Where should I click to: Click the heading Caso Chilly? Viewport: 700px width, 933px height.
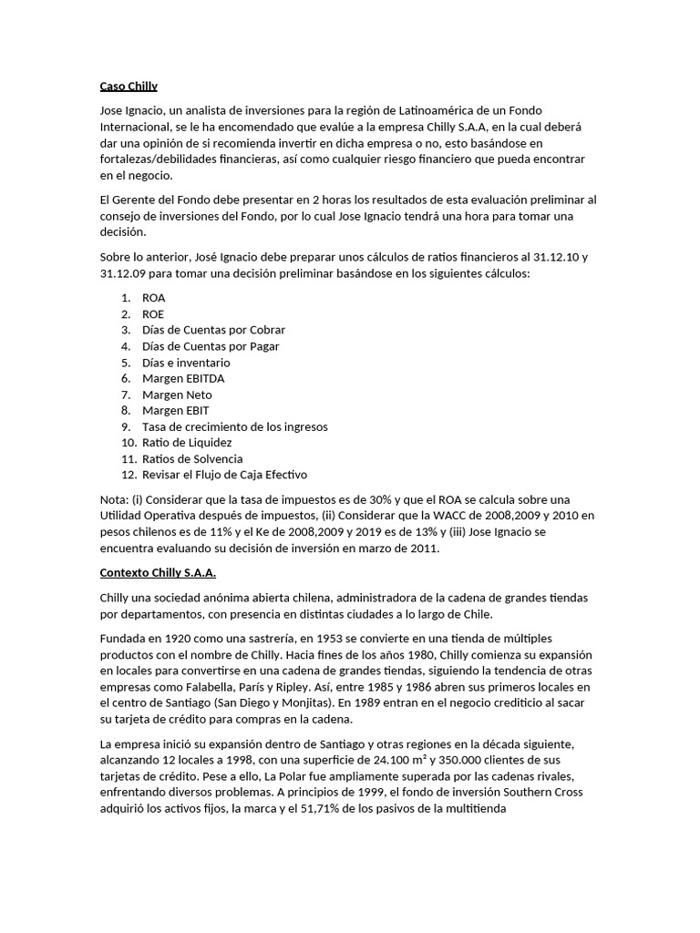point(129,87)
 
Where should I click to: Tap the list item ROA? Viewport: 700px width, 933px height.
point(154,298)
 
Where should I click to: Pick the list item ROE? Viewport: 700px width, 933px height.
point(153,314)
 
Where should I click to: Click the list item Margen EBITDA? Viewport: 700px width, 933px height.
point(183,378)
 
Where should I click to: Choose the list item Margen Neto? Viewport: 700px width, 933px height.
point(177,395)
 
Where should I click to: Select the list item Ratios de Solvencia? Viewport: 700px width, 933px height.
point(192,459)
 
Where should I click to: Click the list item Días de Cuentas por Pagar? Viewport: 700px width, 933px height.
point(211,346)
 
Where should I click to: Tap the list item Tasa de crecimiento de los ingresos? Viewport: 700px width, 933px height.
point(235,426)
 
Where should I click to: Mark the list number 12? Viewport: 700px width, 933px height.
point(128,475)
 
